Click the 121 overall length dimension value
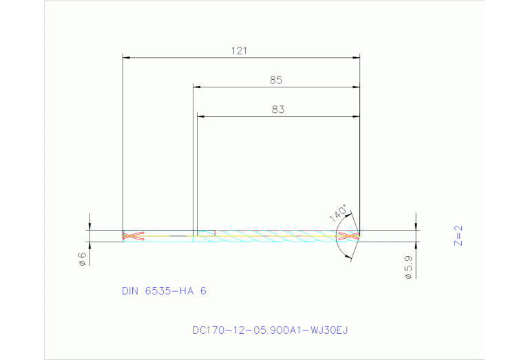click(x=239, y=50)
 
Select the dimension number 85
click(x=276, y=80)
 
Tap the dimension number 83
click(x=277, y=109)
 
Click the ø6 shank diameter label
click(x=81, y=259)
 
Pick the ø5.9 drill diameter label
click(x=408, y=267)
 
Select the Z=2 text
click(x=459, y=235)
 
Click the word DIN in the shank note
click(x=131, y=291)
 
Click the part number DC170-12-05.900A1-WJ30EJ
click(x=271, y=330)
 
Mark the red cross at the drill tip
click(x=350, y=236)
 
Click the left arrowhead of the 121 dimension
click(x=126, y=58)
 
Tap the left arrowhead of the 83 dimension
click(x=200, y=116)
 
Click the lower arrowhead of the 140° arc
click(x=348, y=256)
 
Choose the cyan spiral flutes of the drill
click(x=275, y=236)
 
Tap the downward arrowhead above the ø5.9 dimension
click(x=416, y=227)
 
